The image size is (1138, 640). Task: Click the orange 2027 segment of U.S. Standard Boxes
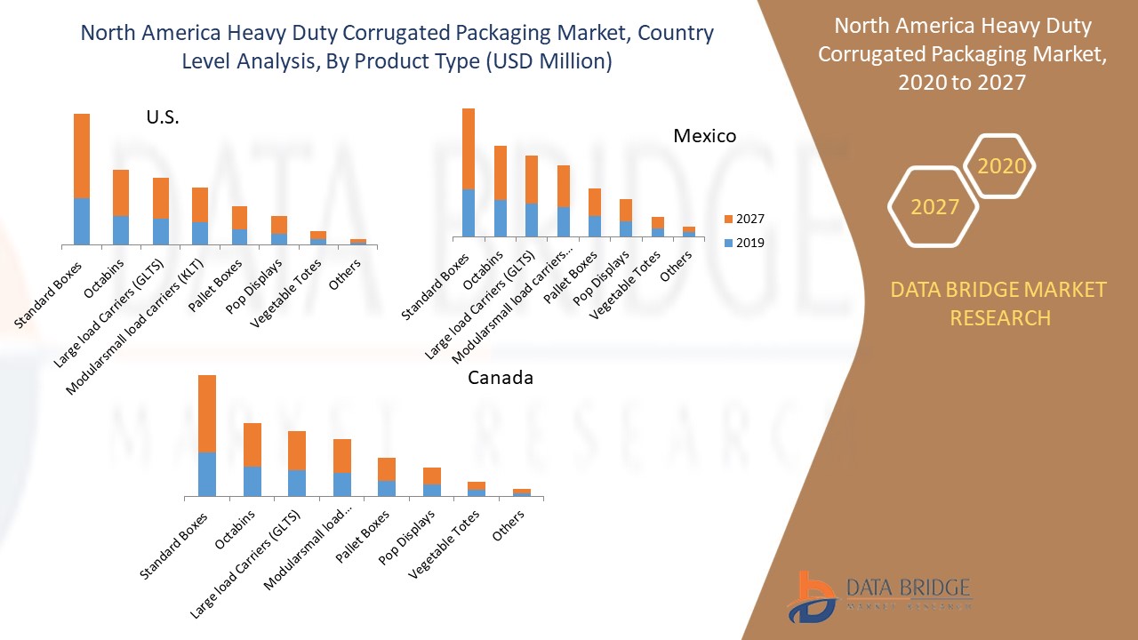click(82, 156)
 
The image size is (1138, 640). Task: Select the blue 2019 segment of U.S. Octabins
click(120, 229)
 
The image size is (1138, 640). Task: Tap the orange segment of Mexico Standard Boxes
click(468, 148)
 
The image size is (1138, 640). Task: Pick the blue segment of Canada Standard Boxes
click(207, 474)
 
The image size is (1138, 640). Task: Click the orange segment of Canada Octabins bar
click(252, 444)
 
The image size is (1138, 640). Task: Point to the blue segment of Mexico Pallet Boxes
click(594, 226)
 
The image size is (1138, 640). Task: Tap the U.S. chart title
click(163, 117)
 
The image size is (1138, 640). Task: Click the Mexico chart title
click(704, 136)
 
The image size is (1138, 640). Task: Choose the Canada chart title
click(501, 378)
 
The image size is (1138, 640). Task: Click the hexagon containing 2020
click(1001, 166)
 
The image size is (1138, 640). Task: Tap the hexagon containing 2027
click(934, 206)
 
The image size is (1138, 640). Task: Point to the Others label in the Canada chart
click(509, 527)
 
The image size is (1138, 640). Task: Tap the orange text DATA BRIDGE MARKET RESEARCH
click(999, 303)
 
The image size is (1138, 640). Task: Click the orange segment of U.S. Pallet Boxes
click(239, 217)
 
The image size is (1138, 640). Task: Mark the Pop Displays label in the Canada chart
click(407, 539)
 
